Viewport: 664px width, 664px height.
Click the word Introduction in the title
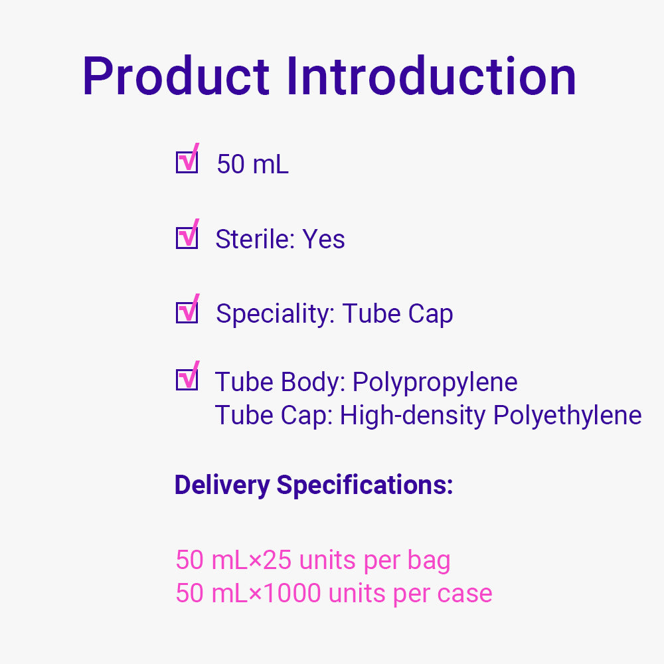(431, 76)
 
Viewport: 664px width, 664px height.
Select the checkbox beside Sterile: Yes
(187, 236)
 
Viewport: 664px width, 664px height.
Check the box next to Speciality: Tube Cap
(187, 311)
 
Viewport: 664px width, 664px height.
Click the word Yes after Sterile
(323, 239)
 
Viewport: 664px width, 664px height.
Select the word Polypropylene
(435, 383)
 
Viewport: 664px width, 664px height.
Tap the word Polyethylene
(568, 416)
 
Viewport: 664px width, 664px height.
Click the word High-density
(413, 416)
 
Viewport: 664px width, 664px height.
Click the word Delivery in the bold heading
(222, 485)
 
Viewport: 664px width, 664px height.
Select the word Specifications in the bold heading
(365, 485)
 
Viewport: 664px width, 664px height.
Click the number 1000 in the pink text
(291, 593)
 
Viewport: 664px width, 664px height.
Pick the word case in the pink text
(465, 594)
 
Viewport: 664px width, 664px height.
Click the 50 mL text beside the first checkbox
(253, 164)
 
